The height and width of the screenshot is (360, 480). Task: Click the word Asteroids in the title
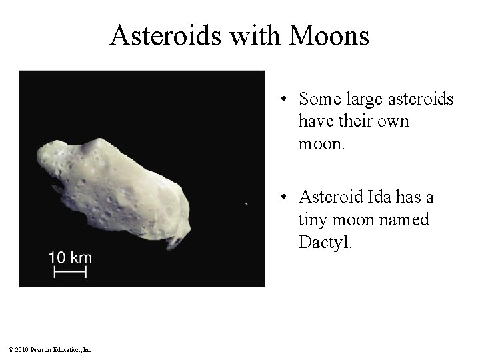click(165, 36)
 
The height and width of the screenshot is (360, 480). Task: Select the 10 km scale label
click(70, 257)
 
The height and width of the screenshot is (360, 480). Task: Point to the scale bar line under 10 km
click(70, 272)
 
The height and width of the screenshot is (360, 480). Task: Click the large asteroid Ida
click(113, 187)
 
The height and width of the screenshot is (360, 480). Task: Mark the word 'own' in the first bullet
click(394, 121)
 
